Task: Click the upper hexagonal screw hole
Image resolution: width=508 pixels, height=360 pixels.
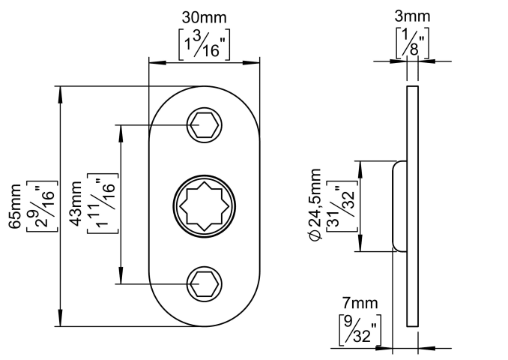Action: tap(204, 124)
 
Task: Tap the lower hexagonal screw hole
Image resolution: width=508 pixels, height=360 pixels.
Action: tap(204, 283)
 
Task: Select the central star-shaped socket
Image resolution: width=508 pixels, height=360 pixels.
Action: tap(205, 205)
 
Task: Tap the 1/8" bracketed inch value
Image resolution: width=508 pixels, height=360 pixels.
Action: tap(411, 43)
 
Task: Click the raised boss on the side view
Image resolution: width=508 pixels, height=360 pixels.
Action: tap(399, 205)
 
